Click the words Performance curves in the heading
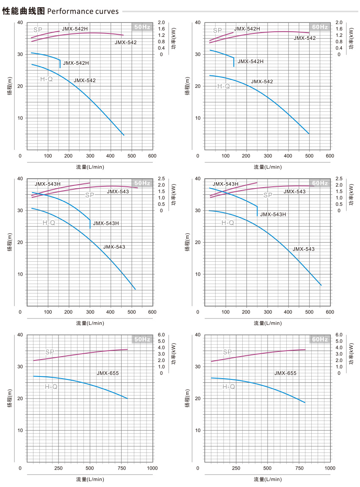click(x=83, y=11)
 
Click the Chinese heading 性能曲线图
click(x=24, y=11)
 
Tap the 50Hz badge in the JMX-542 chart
click(x=142, y=27)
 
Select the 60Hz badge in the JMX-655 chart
click(x=320, y=340)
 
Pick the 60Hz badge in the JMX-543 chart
click(x=320, y=183)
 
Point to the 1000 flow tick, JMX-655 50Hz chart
click(x=152, y=468)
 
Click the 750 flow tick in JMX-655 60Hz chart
click(x=299, y=468)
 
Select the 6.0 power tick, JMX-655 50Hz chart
click(x=161, y=335)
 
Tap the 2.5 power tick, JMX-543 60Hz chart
click(x=339, y=179)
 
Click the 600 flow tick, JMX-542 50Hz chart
click(x=152, y=155)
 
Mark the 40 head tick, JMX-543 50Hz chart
click(x=19, y=179)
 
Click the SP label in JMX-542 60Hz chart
click(x=217, y=30)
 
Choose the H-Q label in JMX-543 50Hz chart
click(x=49, y=223)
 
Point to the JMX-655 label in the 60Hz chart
click(x=285, y=373)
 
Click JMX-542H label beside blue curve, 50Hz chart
click(x=76, y=63)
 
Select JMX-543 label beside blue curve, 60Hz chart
click(x=304, y=249)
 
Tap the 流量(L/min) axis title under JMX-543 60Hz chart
click(x=268, y=323)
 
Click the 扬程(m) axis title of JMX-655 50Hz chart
click(x=10, y=398)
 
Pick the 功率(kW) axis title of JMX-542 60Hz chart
click(x=351, y=39)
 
